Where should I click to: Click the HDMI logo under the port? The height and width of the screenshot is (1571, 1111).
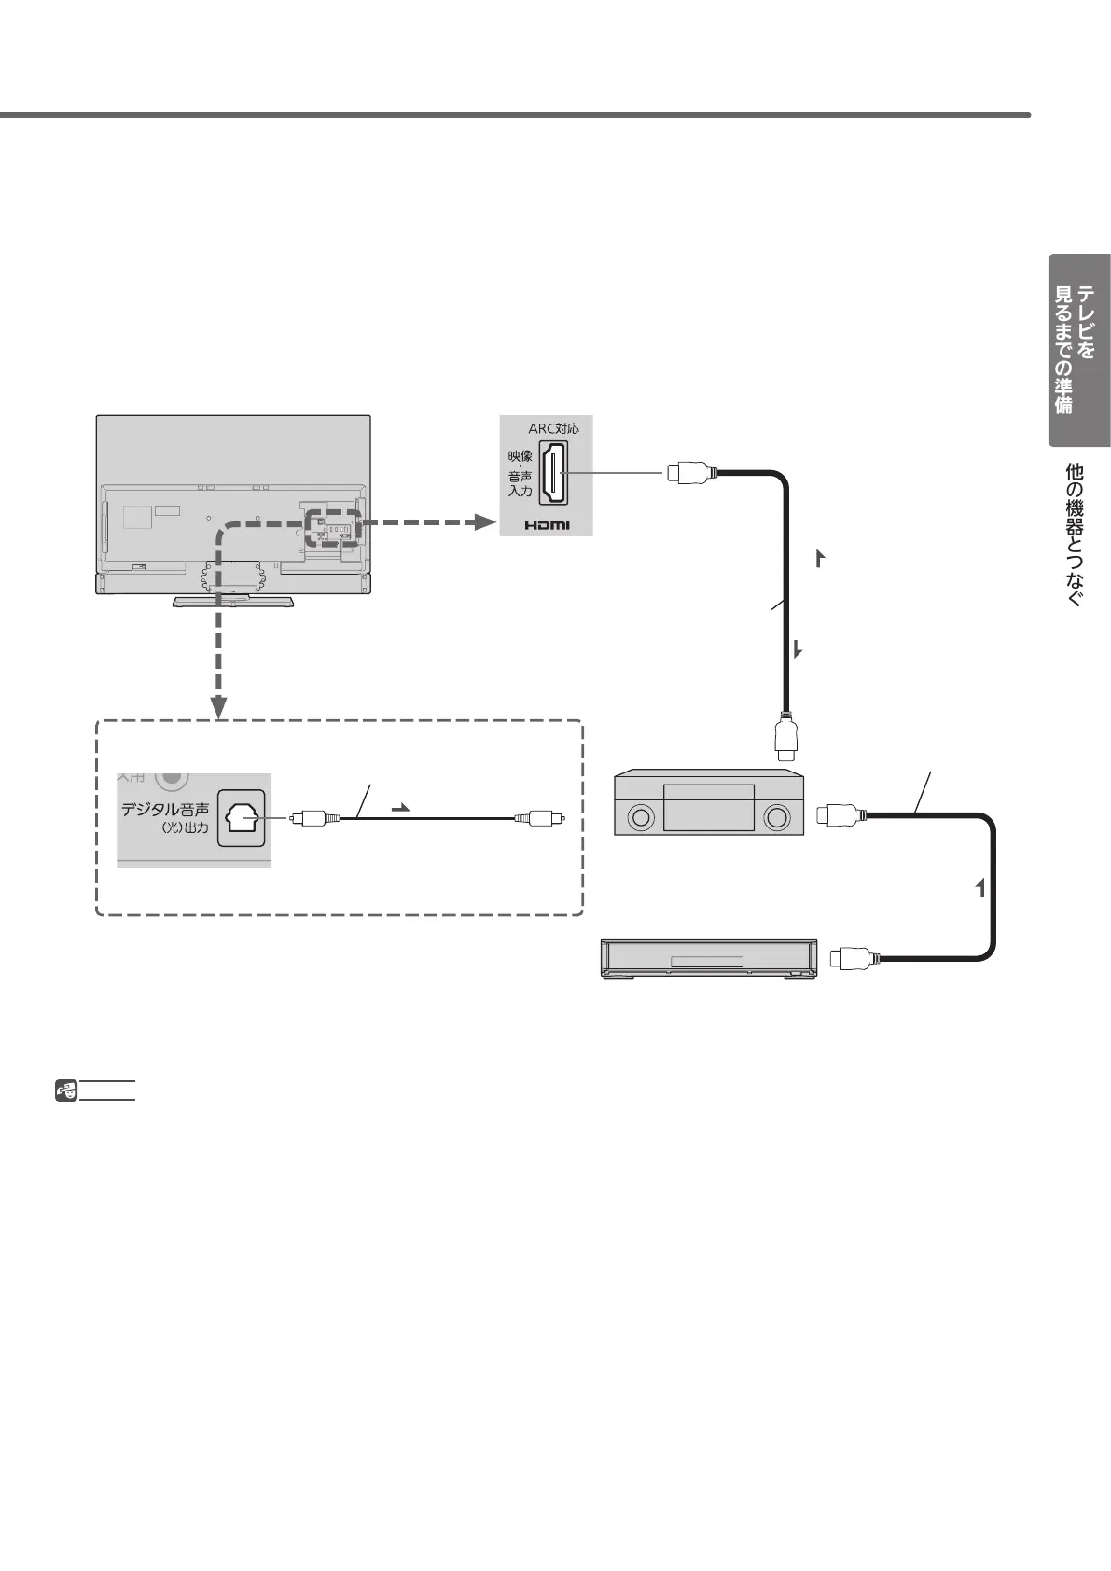tap(547, 525)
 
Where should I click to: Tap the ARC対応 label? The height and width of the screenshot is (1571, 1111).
tap(553, 429)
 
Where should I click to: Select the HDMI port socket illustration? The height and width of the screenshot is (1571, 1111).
tap(555, 475)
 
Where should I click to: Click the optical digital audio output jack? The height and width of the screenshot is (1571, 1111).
tap(241, 819)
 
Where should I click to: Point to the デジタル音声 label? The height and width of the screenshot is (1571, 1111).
tap(165, 810)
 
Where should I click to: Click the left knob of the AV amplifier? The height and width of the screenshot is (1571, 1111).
tap(640, 818)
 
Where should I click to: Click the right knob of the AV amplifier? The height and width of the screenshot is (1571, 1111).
tap(776, 818)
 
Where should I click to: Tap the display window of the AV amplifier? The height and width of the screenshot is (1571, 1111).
tap(708, 807)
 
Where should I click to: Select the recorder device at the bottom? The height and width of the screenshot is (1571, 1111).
tap(709, 959)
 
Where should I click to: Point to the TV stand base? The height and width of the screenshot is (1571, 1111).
tap(233, 601)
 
